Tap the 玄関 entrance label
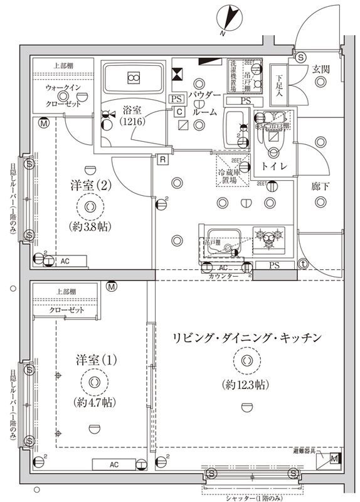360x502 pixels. coord(320,70)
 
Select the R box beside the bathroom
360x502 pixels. coord(163,159)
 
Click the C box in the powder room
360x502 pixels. coord(179,112)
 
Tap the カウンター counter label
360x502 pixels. coord(225,276)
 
